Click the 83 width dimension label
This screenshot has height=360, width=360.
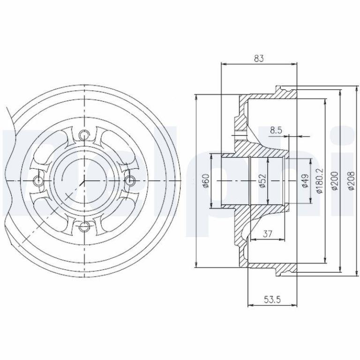point(259,58)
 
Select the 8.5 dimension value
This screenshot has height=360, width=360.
point(276,130)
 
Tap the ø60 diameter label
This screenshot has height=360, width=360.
point(206,181)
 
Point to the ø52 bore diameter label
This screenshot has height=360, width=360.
point(262,181)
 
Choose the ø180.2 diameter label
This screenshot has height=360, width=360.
point(319,181)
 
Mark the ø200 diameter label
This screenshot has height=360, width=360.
point(335,181)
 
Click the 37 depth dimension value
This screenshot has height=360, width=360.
point(268,234)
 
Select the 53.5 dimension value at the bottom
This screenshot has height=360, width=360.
point(272,300)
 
